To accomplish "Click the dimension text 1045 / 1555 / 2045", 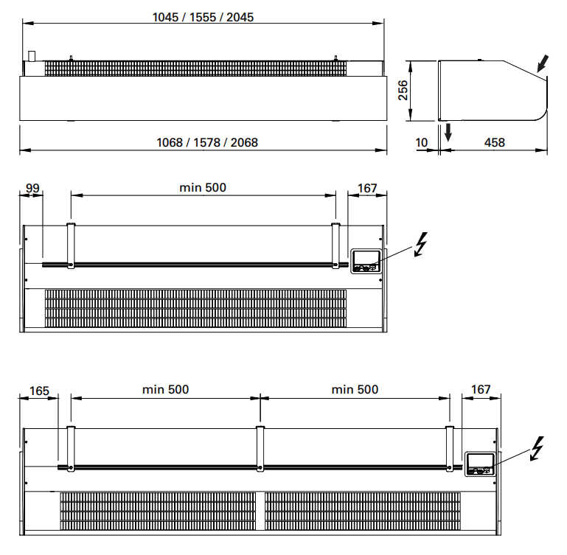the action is (203, 17).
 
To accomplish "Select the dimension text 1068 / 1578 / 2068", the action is (207, 142).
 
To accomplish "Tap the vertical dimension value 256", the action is (403, 91).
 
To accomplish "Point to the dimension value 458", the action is (494, 142).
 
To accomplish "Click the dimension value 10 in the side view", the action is (422, 142).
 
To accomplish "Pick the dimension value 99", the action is (32, 188).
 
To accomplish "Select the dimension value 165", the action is (39, 391).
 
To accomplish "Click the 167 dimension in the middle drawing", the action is (367, 188).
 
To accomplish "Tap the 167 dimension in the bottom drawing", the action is (481, 389).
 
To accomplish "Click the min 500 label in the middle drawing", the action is (203, 187).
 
